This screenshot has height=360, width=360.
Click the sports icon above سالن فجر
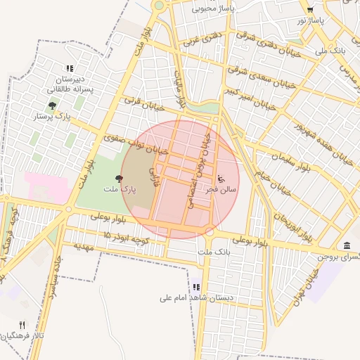tap(221, 179)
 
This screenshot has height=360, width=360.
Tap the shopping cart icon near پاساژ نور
tap(310, 10)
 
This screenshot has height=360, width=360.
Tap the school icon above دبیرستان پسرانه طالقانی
tap(69, 68)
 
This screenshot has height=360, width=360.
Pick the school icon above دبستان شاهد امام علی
tap(196, 287)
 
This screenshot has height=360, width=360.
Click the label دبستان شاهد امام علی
tap(196, 297)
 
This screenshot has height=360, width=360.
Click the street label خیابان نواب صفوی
tap(136, 145)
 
